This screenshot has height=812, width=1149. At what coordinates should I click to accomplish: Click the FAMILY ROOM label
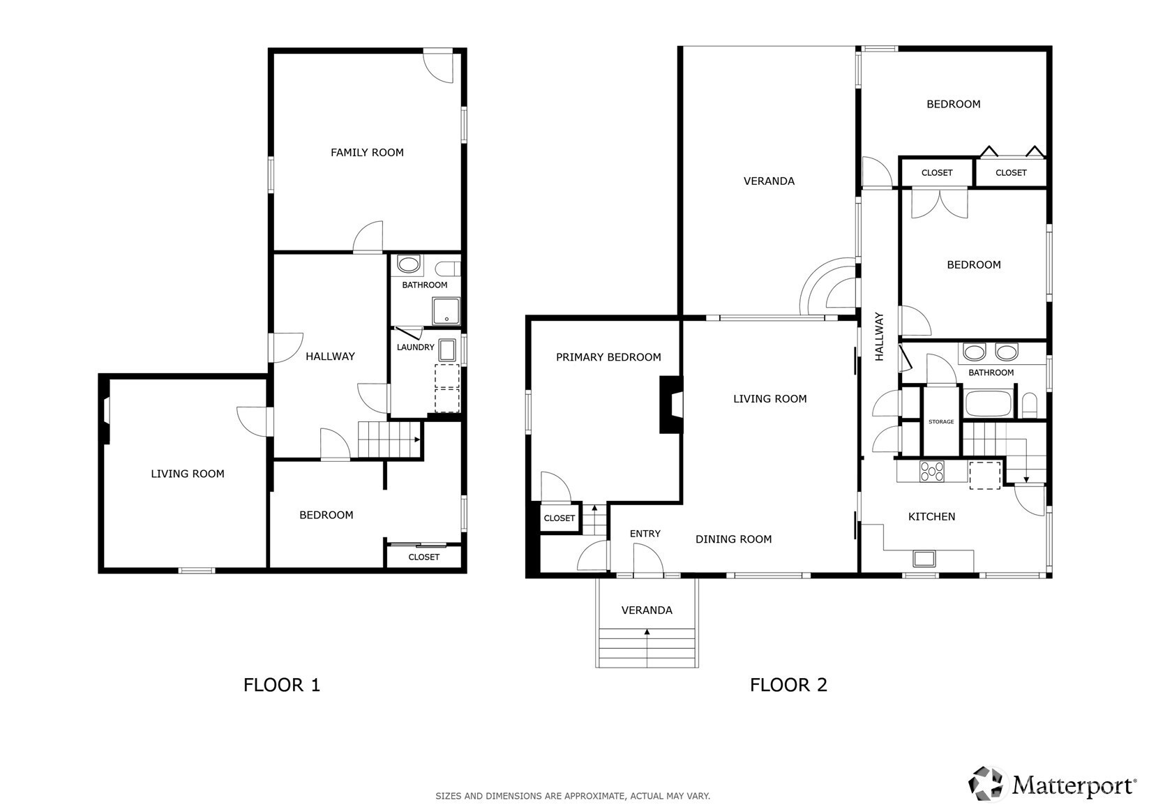click(367, 152)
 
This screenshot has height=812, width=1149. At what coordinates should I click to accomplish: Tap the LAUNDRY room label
click(416, 347)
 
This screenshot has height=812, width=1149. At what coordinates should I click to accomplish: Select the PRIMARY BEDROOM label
click(608, 357)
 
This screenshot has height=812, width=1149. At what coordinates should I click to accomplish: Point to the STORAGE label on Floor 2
click(941, 421)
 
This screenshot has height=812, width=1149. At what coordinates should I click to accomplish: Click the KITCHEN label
click(931, 516)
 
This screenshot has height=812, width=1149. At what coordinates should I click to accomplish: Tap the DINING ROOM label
click(733, 539)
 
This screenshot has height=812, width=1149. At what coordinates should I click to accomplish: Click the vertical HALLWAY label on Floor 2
click(879, 336)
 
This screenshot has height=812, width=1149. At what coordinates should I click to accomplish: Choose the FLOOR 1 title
click(282, 685)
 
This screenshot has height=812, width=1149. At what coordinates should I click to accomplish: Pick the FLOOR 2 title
click(788, 685)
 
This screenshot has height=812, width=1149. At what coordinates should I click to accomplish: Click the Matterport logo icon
click(985, 783)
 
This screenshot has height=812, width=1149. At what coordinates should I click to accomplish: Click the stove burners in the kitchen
click(932, 472)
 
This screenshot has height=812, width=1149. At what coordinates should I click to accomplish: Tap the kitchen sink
click(924, 559)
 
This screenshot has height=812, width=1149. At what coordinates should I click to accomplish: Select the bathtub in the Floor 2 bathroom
click(989, 404)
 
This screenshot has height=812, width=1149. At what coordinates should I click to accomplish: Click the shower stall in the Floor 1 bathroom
click(446, 311)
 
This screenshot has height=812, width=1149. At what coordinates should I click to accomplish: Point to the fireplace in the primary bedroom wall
click(671, 405)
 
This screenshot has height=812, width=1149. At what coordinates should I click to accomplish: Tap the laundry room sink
click(447, 349)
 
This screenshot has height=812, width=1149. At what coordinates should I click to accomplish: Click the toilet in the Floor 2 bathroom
click(1030, 406)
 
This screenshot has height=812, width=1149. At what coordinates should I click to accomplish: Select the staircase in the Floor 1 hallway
click(389, 439)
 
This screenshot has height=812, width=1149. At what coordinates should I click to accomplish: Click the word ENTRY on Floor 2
click(645, 534)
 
